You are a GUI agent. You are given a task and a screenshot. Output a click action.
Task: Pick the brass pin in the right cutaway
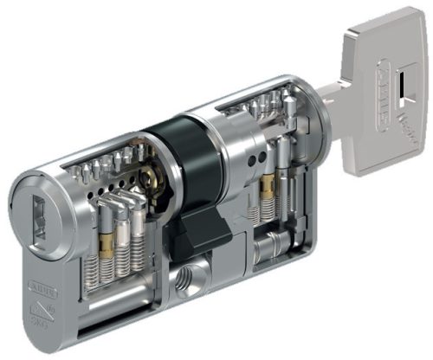pos(268,186)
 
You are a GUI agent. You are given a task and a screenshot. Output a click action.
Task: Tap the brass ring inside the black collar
pos(155,177)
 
